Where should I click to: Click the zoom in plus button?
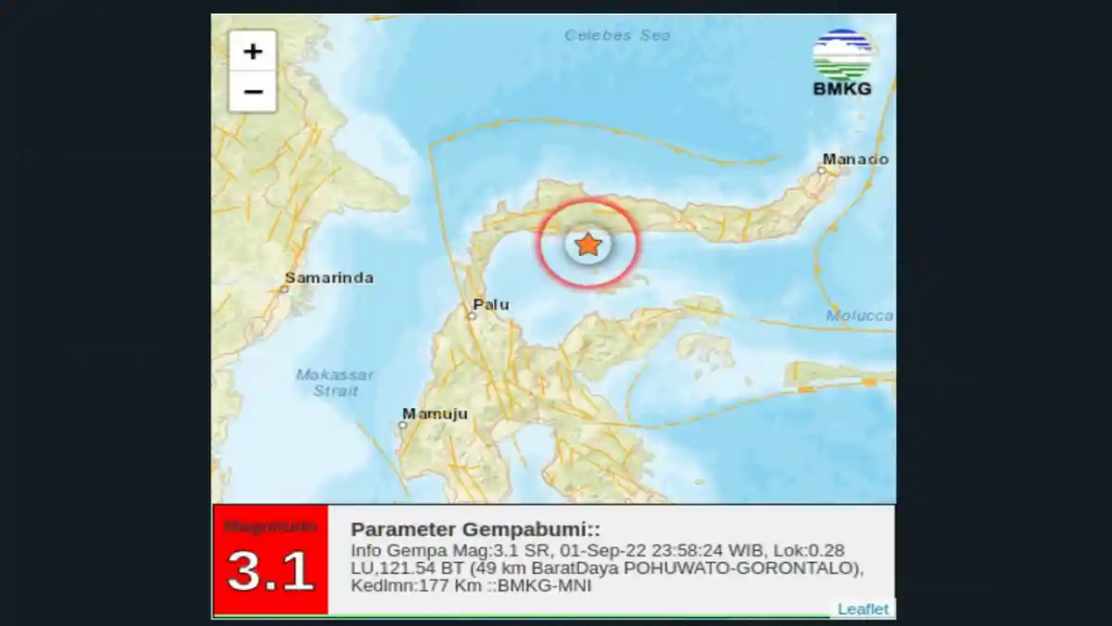[x=252, y=51]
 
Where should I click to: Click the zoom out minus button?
[x=252, y=92]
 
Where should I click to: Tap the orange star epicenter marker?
[x=588, y=244]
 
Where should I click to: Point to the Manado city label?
[x=855, y=160]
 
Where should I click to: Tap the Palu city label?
[x=491, y=304]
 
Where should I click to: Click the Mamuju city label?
[x=435, y=414]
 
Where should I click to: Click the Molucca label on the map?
[x=860, y=316]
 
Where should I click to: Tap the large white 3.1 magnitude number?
[x=271, y=571]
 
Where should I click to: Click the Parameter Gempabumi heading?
[x=475, y=530]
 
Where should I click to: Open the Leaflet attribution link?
[x=863, y=609]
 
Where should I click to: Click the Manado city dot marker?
[x=823, y=170]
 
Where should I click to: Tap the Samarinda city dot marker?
[x=284, y=289]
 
